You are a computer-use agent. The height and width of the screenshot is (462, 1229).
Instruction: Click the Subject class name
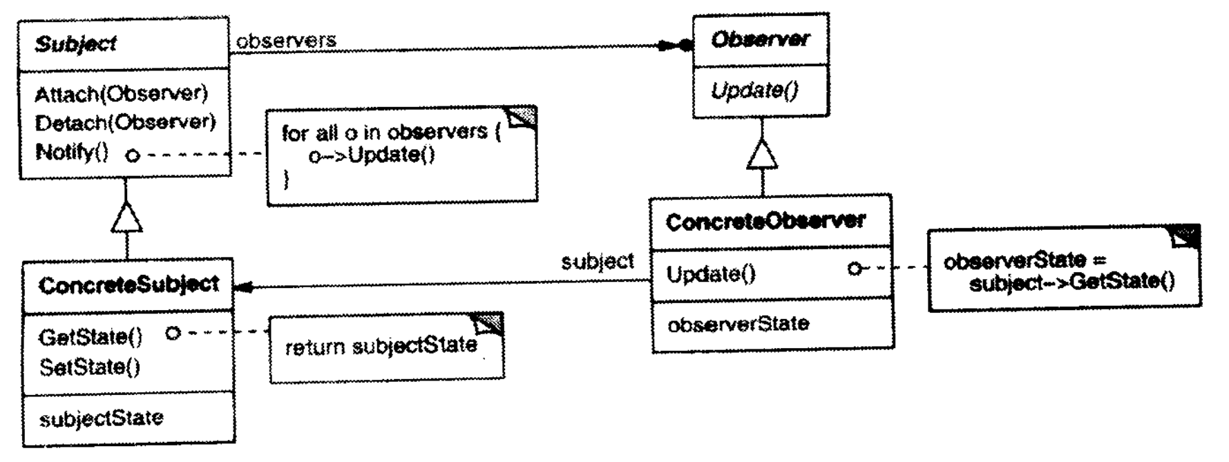[x=76, y=44]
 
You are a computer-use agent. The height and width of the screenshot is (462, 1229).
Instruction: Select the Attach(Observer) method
[x=121, y=93]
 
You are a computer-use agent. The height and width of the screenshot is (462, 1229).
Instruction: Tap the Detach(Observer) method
[x=125, y=123]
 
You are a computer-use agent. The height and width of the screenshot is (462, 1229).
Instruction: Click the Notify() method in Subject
[x=72, y=152]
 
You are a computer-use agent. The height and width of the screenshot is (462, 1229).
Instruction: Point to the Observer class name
[x=760, y=39]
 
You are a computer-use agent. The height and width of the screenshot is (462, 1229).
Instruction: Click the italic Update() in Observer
[x=755, y=91]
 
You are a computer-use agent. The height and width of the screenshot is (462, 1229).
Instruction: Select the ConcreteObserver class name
[x=765, y=221]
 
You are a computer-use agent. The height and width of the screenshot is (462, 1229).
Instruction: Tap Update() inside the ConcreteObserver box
[x=711, y=274]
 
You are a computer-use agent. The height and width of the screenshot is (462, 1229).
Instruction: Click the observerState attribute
[x=738, y=324]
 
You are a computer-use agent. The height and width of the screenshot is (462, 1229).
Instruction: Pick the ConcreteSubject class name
[x=128, y=285]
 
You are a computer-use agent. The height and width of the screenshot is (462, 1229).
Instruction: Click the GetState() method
[x=90, y=337]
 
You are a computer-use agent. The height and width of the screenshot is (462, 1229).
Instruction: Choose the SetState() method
[x=90, y=366]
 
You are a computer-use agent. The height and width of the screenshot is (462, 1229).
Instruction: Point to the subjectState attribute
[x=101, y=418]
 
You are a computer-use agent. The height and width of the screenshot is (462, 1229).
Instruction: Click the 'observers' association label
[x=286, y=41]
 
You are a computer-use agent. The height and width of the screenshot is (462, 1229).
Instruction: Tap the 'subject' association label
[x=597, y=262]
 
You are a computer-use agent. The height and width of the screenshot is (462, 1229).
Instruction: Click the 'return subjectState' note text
[x=381, y=346]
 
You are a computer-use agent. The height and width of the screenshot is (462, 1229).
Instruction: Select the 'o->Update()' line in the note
[x=372, y=155]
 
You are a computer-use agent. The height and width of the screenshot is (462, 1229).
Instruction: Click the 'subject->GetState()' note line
[x=1071, y=282]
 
